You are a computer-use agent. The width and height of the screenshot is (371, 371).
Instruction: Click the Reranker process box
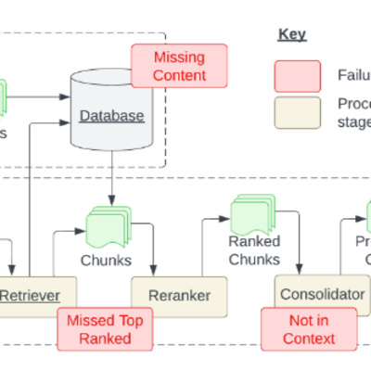coord(177,296)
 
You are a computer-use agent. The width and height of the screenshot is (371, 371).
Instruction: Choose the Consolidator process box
coord(321,294)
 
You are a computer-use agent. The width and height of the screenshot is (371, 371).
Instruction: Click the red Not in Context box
coord(310,328)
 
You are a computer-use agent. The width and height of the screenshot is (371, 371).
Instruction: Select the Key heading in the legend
coord(292,35)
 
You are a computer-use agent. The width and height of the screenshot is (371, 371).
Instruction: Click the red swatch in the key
coord(298,75)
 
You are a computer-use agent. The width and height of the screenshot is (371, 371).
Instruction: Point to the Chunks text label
coord(106,260)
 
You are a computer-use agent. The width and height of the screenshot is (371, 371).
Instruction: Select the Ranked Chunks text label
coord(254,249)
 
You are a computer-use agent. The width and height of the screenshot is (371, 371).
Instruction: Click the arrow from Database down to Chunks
coord(112,181)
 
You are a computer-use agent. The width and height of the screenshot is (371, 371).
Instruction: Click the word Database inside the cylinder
coord(111,116)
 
